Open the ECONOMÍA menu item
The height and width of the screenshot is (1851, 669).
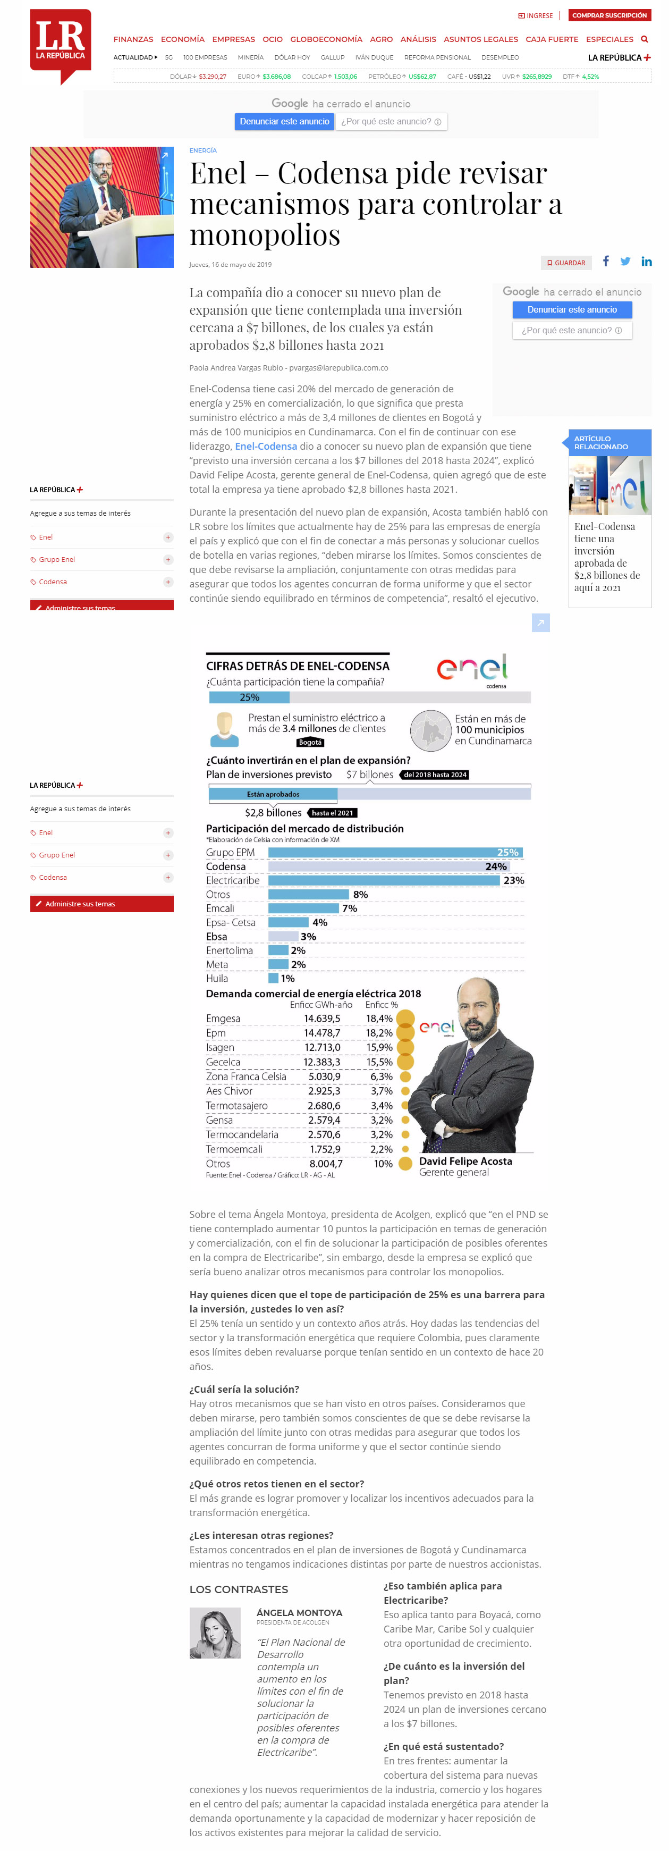182,39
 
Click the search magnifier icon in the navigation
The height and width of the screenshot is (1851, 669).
645,39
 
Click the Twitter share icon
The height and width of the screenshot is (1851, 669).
625,262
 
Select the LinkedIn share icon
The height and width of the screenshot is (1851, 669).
646,262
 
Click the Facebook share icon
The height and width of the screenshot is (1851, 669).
606,262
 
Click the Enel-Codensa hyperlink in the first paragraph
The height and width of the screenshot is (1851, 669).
266,446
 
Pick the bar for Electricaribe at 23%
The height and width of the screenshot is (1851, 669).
384,880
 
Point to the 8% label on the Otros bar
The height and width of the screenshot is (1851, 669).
360,895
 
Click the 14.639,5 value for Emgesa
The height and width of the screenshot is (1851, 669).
322,1018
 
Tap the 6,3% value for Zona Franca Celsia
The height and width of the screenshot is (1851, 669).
381,1076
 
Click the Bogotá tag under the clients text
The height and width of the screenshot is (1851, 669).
310,742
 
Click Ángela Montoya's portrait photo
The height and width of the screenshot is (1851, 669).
215,1633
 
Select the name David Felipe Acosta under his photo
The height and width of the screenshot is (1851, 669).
465,1161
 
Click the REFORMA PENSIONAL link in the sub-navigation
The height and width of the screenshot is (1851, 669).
437,57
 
